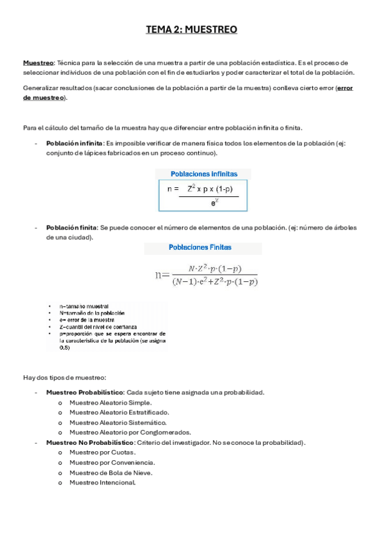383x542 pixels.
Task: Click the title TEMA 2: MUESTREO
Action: tap(191, 29)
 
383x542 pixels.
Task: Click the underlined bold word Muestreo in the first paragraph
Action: tap(38, 63)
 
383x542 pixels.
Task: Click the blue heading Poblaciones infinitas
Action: tap(203, 174)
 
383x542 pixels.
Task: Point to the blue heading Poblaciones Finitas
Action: tap(200, 247)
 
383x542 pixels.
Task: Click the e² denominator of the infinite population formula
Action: tap(214, 203)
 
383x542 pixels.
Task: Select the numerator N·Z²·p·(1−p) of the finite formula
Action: tap(214, 269)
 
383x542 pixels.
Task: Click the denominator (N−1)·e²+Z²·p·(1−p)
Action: tap(215, 282)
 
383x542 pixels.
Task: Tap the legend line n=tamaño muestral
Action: tap(84, 306)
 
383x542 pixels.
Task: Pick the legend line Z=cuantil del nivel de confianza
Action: tap(98, 327)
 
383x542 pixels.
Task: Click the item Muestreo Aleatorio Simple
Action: tap(111, 402)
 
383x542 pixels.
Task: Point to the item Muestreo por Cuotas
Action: tap(102, 453)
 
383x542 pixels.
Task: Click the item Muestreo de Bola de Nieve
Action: tap(111, 472)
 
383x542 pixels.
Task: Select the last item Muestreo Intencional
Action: tap(102, 483)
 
